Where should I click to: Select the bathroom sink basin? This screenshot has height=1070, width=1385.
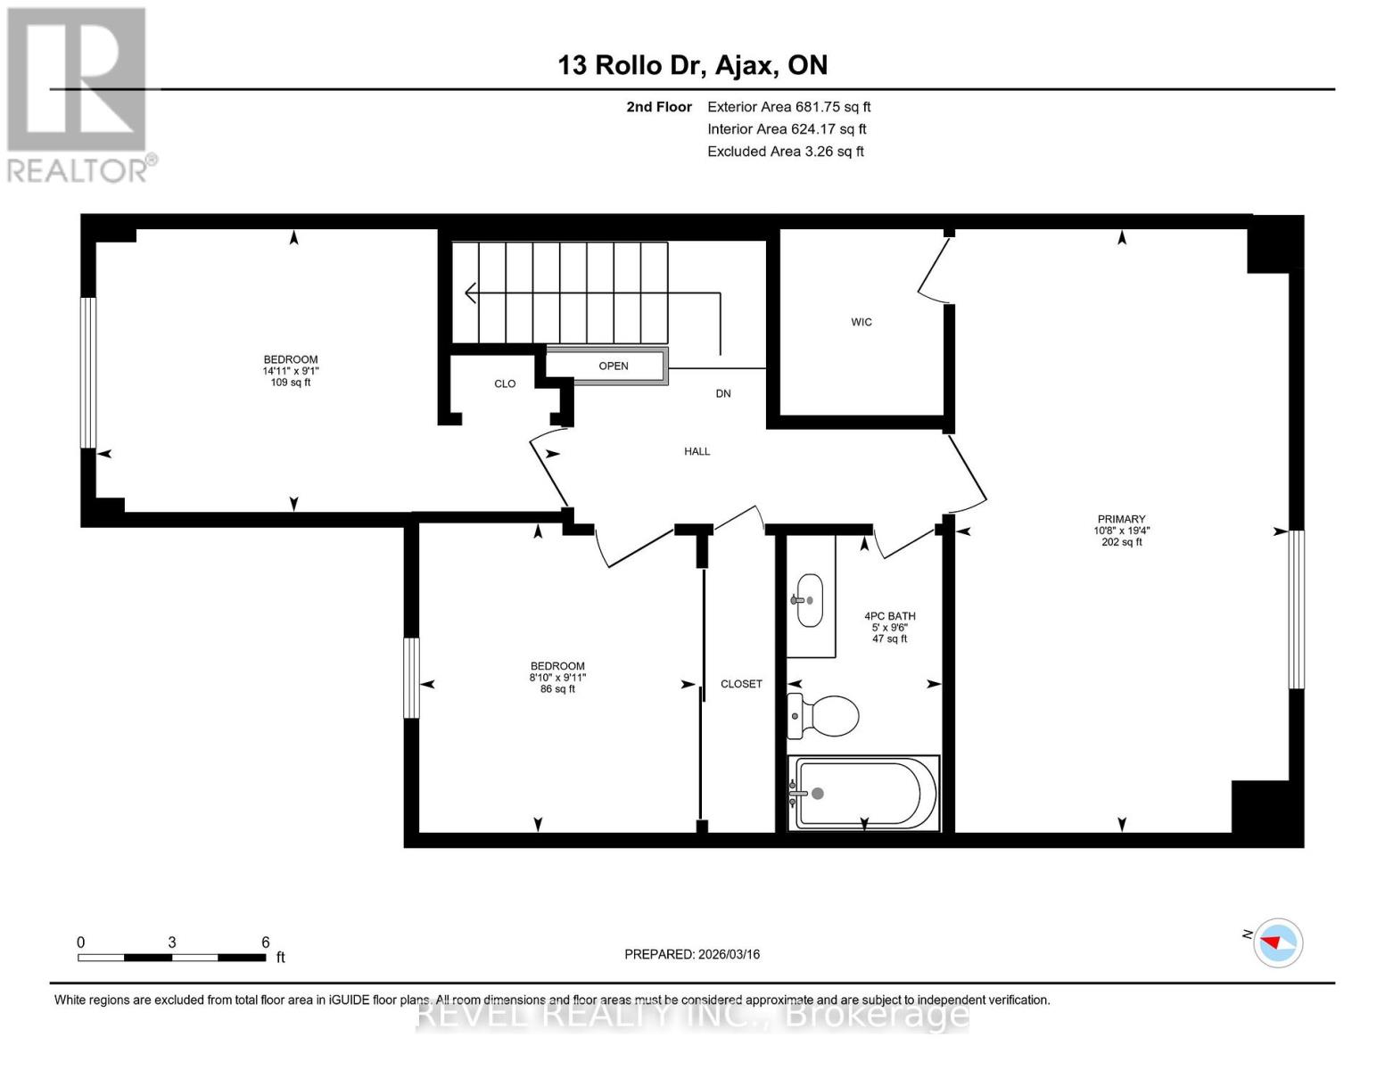pos(810,600)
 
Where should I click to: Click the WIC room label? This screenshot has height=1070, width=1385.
pos(861,322)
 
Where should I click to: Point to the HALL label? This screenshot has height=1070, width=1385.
pos(697,451)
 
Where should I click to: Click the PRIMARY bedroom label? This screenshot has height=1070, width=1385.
pos(1121,519)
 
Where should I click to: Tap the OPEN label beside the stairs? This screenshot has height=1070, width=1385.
pos(614,366)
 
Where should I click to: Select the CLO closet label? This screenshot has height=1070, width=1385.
pos(505,383)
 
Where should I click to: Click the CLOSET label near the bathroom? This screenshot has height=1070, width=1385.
pos(741,684)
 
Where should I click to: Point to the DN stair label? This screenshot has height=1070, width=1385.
pos(722,393)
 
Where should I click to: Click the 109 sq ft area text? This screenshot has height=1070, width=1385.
pos(291,383)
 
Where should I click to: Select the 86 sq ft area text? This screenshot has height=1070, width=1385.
pos(557,688)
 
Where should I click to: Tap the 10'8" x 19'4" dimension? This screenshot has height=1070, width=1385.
pos(1121,531)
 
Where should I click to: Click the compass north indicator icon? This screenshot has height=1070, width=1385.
pos(1278,942)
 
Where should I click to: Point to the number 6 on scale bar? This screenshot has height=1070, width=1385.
pos(266,942)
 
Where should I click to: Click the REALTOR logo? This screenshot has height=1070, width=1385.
pos(78,94)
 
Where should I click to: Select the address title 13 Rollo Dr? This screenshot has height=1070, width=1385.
pos(692,65)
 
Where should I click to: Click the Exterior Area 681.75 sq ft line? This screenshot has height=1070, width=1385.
pos(788,106)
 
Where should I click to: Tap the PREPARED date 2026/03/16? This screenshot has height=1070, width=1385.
pos(691,954)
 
